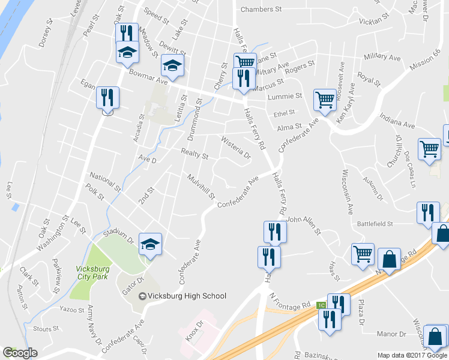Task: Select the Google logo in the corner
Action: pos(20,353)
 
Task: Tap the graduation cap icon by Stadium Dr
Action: pos(150,244)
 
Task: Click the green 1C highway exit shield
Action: pos(321,305)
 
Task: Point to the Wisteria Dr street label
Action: pos(236,148)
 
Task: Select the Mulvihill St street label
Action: pos(200,187)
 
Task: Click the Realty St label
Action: pos(194,155)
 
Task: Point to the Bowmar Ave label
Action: pos(147,75)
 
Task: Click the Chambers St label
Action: pos(261,10)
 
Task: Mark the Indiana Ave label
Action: pos(400,125)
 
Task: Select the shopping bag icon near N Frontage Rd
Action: pos(390,259)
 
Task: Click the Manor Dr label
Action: pos(391,334)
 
